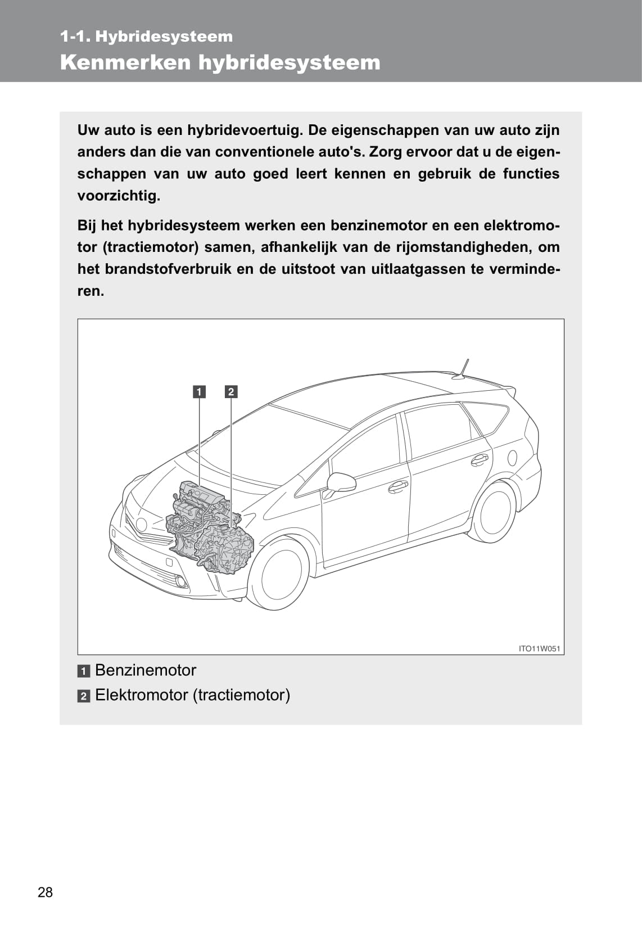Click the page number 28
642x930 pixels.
(45, 892)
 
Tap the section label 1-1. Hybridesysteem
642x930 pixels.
(146, 37)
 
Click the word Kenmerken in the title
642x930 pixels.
(125, 62)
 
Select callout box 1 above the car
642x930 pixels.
(199, 391)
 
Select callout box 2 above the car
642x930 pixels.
(231, 391)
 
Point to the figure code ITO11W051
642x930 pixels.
(539, 648)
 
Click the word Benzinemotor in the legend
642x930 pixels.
(146, 670)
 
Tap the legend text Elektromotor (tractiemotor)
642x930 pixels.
(192, 695)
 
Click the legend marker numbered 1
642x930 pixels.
(84, 671)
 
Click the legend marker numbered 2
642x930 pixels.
(84, 696)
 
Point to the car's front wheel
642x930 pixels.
(279, 573)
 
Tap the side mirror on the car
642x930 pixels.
(341, 482)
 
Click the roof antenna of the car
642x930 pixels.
(463, 370)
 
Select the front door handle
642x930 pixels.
(398, 485)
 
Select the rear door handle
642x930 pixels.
(480, 459)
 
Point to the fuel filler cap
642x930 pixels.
(512, 458)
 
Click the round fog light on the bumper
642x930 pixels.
(180, 581)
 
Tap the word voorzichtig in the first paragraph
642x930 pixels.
(118, 196)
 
